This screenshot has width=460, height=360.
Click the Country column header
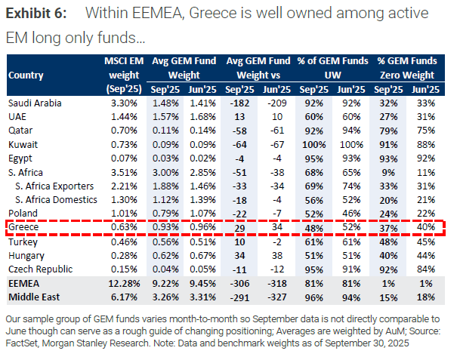pyautogui.click(x=26, y=75)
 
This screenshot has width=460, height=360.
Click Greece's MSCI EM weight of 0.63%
pyautogui.click(x=123, y=226)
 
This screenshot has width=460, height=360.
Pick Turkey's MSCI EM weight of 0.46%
pyautogui.click(x=123, y=242)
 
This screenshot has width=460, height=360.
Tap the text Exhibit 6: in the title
pyautogui.click(x=37, y=14)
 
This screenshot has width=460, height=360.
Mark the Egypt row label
pyautogui.click(x=21, y=158)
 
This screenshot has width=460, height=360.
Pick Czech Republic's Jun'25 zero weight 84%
pyautogui.click(x=428, y=269)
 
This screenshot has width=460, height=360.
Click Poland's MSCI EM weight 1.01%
pyautogui.click(x=123, y=213)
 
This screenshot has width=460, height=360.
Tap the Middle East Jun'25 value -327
pyautogui.click(x=279, y=297)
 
